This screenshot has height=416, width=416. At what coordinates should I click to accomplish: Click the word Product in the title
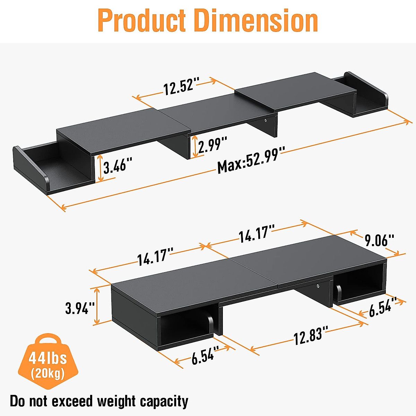(x=142, y=20)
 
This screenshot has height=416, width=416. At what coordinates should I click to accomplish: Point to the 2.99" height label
(x=213, y=144)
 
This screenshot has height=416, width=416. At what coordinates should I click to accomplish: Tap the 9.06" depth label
(x=379, y=240)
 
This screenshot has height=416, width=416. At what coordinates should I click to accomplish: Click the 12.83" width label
(x=309, y=336)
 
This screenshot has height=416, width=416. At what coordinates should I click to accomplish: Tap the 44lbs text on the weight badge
(x=47, y=358)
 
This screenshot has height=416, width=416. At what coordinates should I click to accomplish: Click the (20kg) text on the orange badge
(x=47, y=373)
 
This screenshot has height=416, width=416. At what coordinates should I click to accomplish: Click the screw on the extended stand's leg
(x=266, y=120)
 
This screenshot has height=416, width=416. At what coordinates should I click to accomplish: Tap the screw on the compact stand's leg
(x=318, y=286)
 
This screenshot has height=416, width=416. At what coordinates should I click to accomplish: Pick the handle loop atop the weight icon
(x=48, y=339)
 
